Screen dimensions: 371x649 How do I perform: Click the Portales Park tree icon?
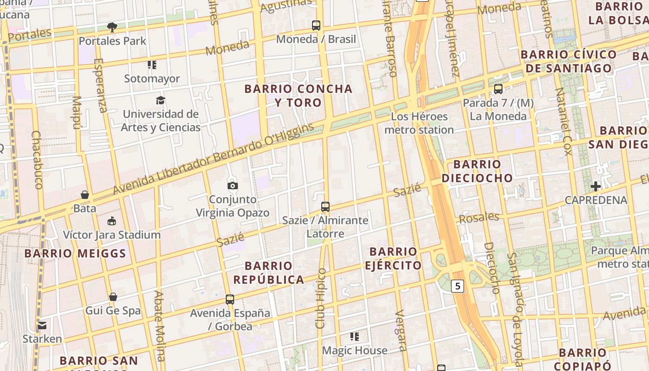[112, 26]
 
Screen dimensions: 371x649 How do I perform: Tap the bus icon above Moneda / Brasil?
[316, 26]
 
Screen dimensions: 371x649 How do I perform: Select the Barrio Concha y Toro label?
[298, 96]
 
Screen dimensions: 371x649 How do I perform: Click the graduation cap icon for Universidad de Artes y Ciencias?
[160, 100]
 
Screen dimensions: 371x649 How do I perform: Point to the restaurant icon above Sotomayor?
[152, 65]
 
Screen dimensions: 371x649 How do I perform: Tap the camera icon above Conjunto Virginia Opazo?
[233, 185]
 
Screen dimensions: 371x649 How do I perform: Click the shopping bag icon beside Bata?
[85, 194]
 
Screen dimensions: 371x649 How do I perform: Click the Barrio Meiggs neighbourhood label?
[75, 254]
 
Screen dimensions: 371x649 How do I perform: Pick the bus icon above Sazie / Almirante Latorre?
[325, 206]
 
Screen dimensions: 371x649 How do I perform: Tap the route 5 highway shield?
[458, 286]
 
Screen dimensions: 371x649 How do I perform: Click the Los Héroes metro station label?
[419, 123]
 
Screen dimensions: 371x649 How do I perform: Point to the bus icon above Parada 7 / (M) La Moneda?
[498, 89]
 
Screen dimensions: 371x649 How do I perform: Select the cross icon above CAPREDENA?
[596, 186]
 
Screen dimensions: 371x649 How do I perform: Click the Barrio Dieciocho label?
[477, 171]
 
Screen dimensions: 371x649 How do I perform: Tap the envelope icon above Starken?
[42, 325]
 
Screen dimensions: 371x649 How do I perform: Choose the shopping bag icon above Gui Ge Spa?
[113, 297]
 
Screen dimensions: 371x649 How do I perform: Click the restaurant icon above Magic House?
[355, 337]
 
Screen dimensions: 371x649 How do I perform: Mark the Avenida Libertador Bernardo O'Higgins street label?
[214, 159]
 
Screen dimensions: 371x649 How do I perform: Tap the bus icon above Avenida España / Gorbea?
[230, 300]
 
